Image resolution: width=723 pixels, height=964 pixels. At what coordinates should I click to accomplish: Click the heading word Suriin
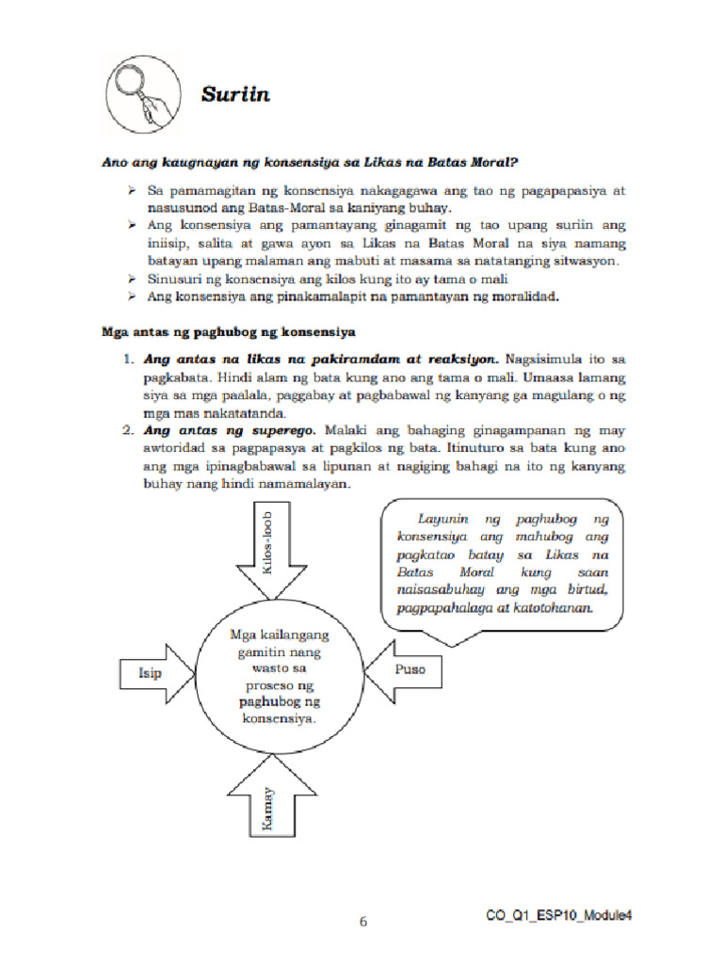[x=235, y=93]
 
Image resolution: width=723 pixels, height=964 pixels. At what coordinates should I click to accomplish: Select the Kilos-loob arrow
[x=267, y=556]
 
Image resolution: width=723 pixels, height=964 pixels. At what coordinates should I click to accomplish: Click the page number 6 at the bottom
[x=362, y=922]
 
